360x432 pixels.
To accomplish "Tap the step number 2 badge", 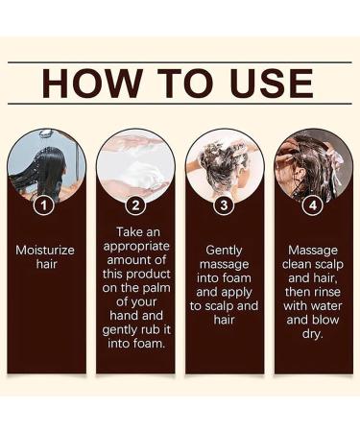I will click(x=135, y=204).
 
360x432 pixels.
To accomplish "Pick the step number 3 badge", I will click(x=225, y=204).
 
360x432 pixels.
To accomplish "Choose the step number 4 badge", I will click(x=313, y=204).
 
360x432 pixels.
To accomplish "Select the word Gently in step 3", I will click(x=225, y=250).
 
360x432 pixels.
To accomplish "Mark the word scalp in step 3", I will click(x=216, y=306).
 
